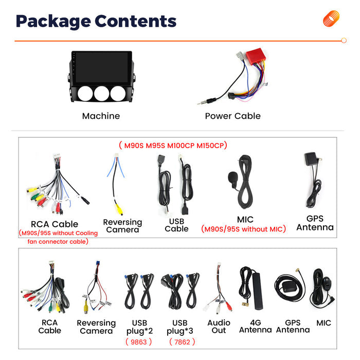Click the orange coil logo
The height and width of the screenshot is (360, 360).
tap(331, 19)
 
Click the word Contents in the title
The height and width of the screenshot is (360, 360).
tap(135, 21)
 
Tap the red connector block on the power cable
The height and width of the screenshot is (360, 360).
tap(255, 57)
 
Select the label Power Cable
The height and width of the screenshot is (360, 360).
tap(232, 116)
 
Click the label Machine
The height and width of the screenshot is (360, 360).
tap(101, 116)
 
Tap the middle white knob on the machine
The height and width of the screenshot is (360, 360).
tap(101, 94)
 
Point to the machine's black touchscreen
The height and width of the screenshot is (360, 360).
tap(102, 67)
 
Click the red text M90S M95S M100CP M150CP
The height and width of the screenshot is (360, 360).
tap(173, 146)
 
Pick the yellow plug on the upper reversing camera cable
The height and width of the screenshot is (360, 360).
tap(119, 209)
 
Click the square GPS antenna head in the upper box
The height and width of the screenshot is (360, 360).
tap(311, 158)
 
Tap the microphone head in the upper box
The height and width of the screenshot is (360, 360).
tap(233, 177)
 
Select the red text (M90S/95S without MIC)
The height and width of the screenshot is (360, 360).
tap(243, 229)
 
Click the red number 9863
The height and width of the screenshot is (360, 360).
tap(139, 342)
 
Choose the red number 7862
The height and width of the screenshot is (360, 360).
tap(182, 342)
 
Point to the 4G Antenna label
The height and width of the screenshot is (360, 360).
tap(255, 326)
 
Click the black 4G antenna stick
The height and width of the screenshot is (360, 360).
tap(257, 291)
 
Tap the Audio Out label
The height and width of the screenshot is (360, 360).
tap(219, 327)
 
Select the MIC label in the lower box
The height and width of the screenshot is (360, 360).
tap(323, 323)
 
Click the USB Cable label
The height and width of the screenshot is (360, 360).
tap(176, 225)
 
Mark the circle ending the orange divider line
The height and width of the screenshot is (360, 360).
tap(344, 41)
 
